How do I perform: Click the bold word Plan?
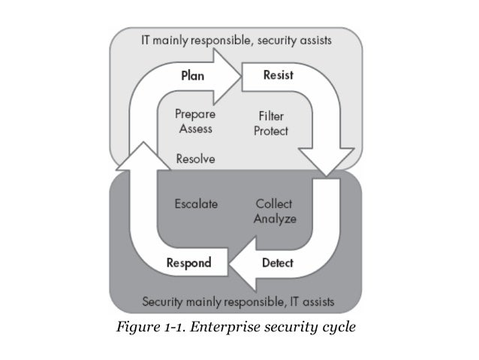[193, 76]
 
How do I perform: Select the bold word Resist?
[278, 76]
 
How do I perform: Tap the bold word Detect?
[277, 263]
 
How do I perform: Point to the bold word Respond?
[188, 263]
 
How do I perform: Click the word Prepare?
[195, 115]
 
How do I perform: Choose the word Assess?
[194, 129]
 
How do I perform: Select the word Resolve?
[195, 159]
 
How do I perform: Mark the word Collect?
[274, 204]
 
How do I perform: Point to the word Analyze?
[275, 219]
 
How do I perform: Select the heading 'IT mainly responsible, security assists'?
[239, 41]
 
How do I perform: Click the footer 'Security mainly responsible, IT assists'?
[239, 302]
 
